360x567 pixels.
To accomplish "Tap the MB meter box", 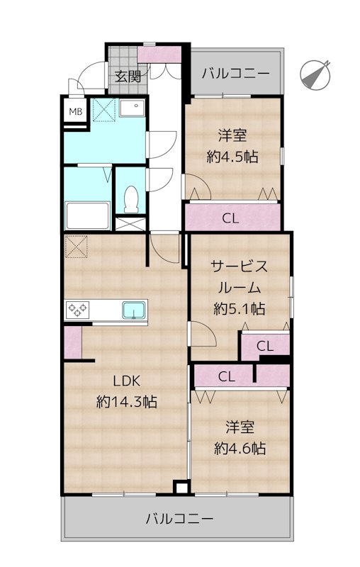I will (75, 112).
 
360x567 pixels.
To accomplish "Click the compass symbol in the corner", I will (316, 74).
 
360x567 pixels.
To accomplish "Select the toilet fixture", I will (130, 198).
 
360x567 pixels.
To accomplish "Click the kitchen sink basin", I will (133, 310).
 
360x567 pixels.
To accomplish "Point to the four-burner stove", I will (77, 310).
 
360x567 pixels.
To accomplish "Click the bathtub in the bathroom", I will (86, 214).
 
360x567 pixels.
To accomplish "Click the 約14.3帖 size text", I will (126, 402).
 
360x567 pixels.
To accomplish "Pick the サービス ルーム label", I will (240, 277).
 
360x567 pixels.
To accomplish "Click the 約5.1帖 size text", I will (240, 308).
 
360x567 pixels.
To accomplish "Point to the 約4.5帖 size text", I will (232, 157).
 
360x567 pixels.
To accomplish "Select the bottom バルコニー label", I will (179, 519).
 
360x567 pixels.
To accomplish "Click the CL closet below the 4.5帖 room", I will (230, 218).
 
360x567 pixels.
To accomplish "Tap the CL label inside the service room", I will (264, 346).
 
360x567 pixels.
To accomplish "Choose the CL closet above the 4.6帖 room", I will (227, 376).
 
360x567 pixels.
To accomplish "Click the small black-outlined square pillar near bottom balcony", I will (181, 488).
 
